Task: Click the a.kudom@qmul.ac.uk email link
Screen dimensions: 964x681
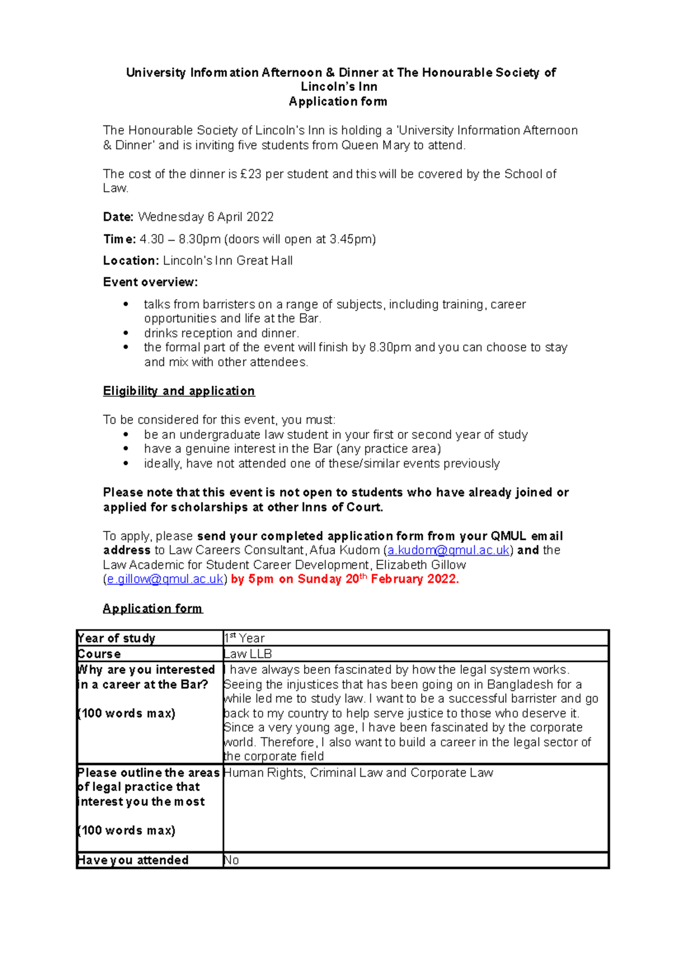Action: pos(448,550)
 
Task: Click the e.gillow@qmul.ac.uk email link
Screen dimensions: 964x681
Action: pos(165,579)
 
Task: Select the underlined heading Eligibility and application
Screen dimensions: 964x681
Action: pos(179,391)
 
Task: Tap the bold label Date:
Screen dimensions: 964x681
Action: pos(118,217)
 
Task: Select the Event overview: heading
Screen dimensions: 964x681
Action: pos(150,282)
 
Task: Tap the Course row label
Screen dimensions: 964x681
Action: pos(99,654)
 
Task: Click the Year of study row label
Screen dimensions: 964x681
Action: pos(116,638)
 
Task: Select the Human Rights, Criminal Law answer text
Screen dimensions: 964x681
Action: pos(358,773)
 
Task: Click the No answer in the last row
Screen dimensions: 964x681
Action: pos(232,860)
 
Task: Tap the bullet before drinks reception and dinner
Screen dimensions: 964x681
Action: pos(126,333)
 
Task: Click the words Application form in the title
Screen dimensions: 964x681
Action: pos(338,102)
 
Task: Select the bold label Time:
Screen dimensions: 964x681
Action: pos(119,239)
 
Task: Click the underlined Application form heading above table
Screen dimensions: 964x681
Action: pos(152,609)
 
